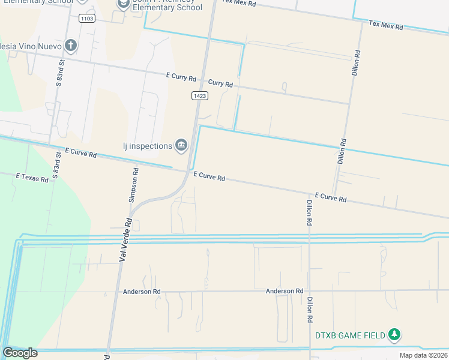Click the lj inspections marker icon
[181, 145]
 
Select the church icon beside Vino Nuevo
[71, 45]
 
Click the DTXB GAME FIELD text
[350, 335]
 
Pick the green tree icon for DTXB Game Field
[394, 334]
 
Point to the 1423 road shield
[200, 95]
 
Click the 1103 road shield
[87, 19]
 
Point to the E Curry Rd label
[181, 77]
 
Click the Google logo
[20, 353]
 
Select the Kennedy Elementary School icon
[124, 4]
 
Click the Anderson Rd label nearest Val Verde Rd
[142, 292]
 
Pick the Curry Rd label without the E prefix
[220, 83]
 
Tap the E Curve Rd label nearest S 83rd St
[80, 153]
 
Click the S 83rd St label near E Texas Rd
[57, 169]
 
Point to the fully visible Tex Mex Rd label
[386, 25]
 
